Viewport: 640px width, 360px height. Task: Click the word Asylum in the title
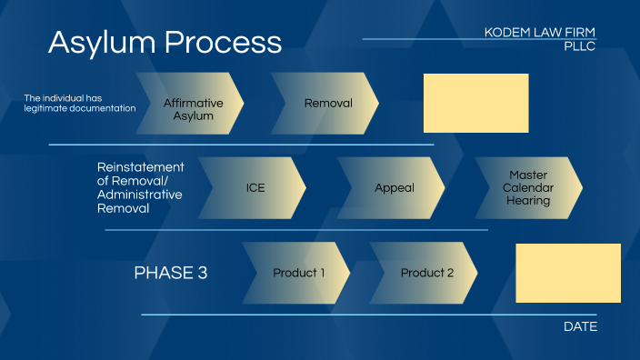(x=96, y=42)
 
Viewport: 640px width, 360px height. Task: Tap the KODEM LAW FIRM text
(x=540, y=33)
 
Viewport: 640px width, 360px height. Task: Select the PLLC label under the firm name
(x=579, y=45)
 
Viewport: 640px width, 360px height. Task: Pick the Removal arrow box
(x=326, y=104)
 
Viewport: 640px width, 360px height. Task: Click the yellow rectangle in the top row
(x=475, y=104)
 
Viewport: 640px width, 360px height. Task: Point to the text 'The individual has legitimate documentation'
(x=79, y=103)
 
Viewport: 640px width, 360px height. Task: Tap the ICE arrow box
(x=254, y=188)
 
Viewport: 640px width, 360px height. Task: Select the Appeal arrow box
(x=393, y=188)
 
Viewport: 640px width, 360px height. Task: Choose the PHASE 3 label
(x=171, y=273)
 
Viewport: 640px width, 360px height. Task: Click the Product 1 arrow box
(x=297, y=273)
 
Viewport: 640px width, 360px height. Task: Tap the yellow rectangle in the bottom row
(x=568, y=273)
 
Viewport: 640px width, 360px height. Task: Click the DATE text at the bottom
(x=580, y=326)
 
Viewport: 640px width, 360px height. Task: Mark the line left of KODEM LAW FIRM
(x=418, y=39)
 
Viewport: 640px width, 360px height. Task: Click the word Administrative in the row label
(x=140, y=195)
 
